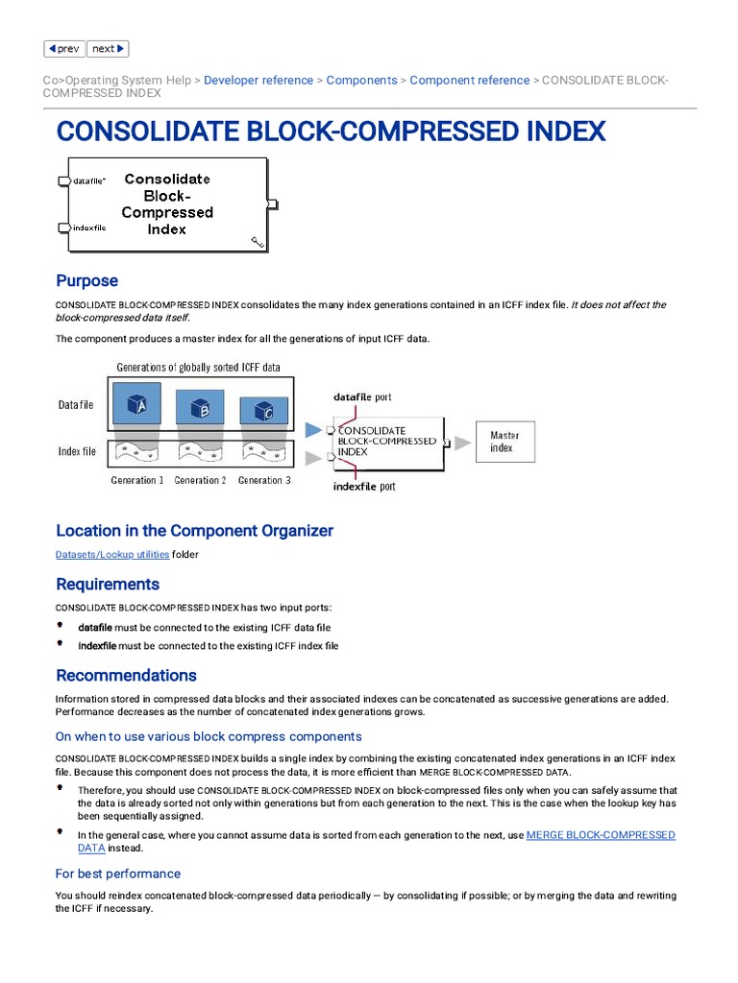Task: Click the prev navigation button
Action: tap(64, 49)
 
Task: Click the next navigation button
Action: tap(108, 49)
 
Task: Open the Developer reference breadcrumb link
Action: tap(258, 81)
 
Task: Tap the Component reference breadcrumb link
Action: tap(469, 81)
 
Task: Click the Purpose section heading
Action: tap(87, 281)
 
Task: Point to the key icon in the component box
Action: tap(258, 243)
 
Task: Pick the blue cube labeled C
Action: tap(263, 412)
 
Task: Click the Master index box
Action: tap(505, 442)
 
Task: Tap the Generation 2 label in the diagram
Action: tap(200, 480)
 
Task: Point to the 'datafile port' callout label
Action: tap(362, 396)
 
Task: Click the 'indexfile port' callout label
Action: tap(364, 487)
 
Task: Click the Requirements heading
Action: tap(108, 585)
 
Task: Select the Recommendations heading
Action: tap(126, 675)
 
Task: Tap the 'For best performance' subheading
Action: tap(118, 874)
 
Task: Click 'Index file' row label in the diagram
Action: tap(77, 451)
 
